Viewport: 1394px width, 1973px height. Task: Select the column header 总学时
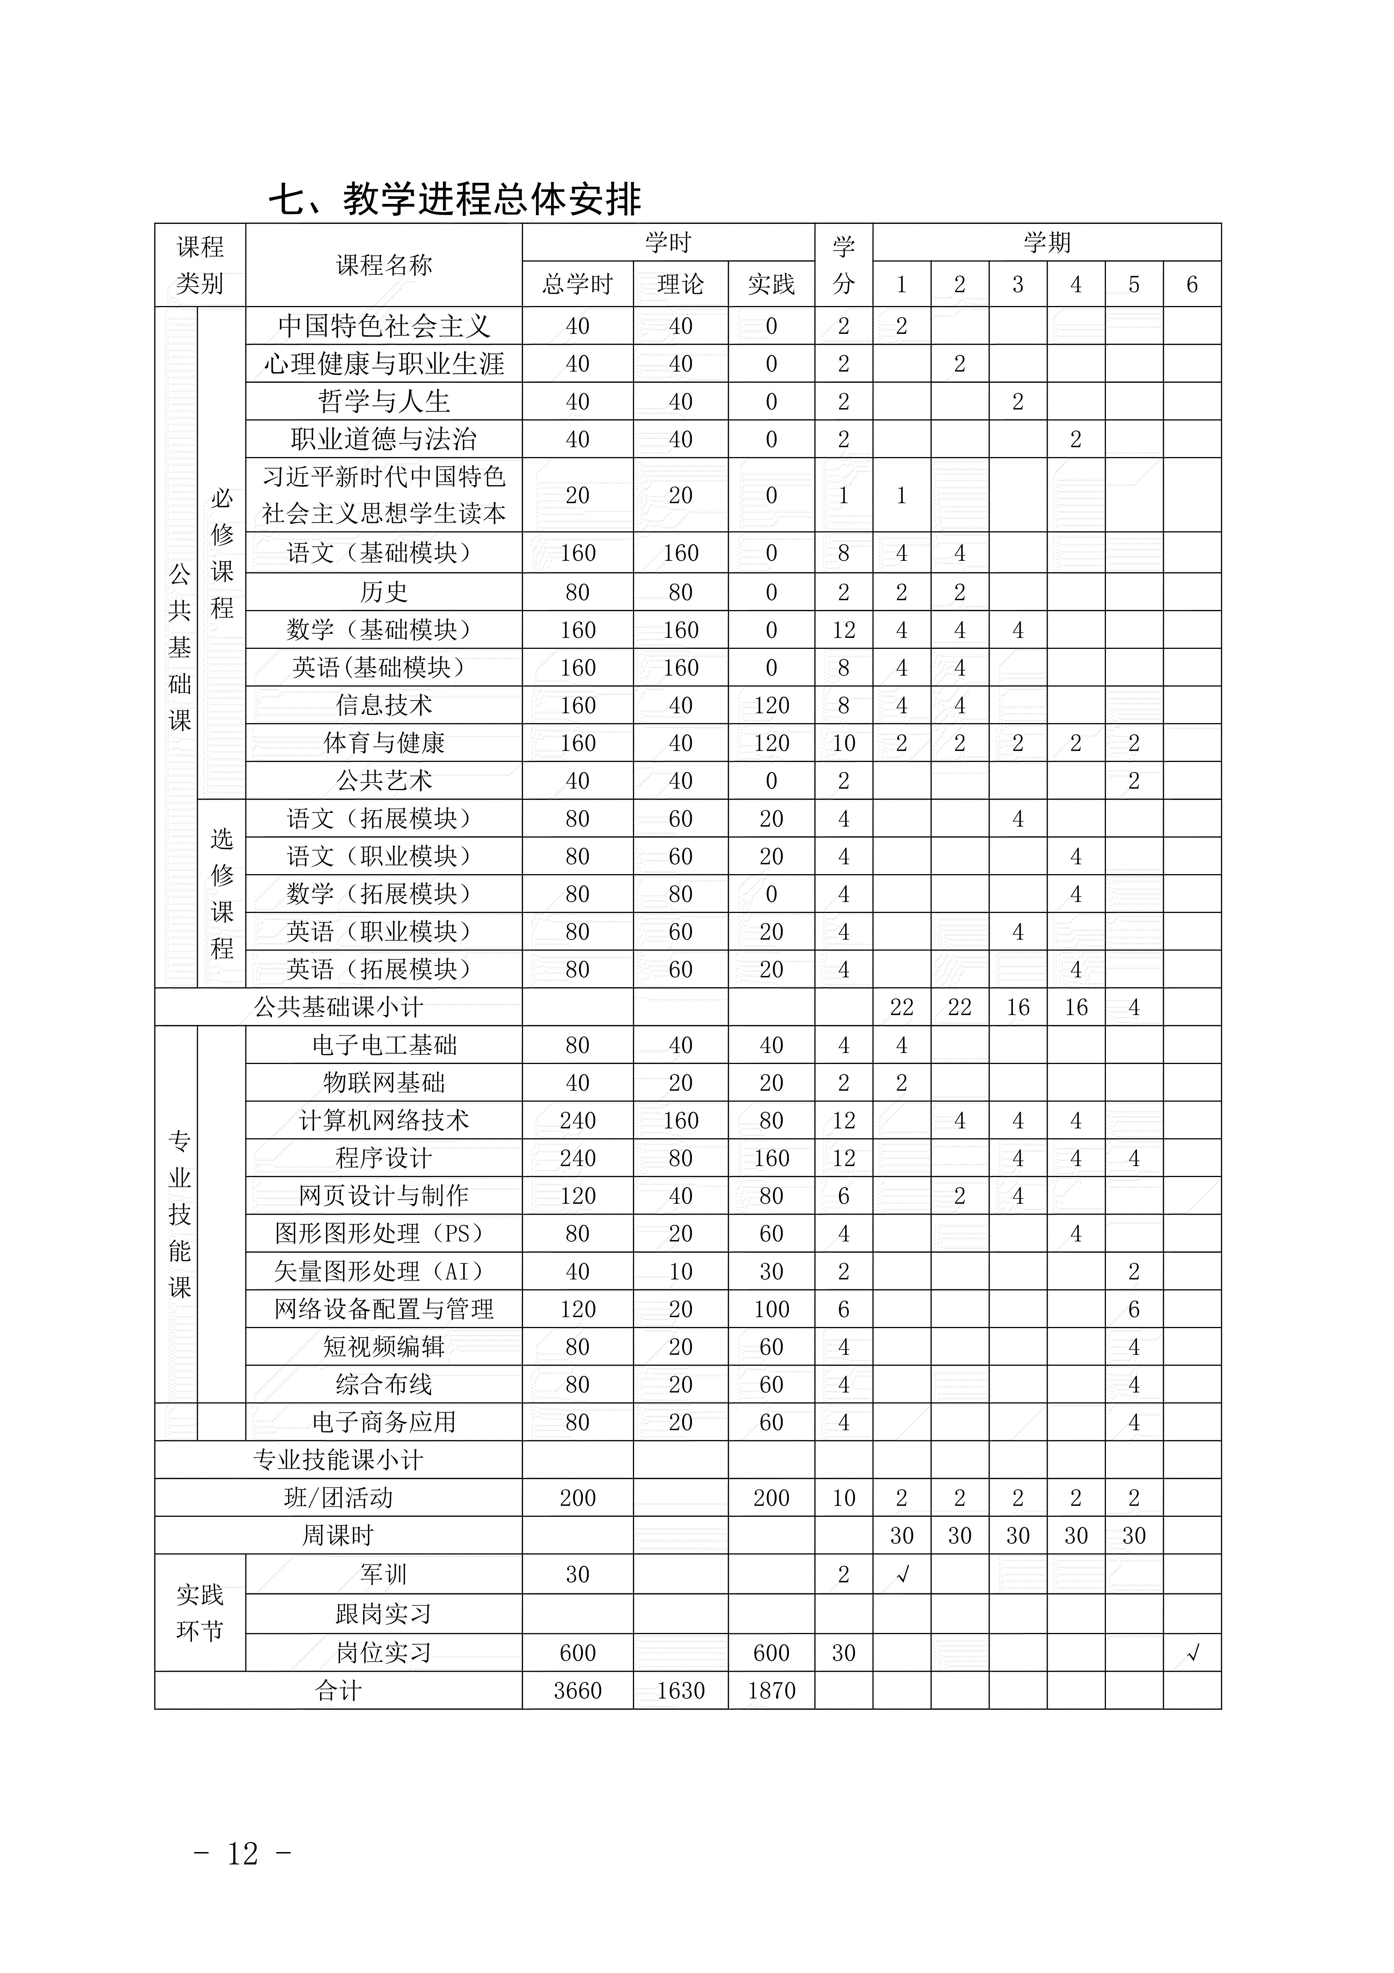tap(577, 284)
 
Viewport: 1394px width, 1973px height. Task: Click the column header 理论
tap(680, 284)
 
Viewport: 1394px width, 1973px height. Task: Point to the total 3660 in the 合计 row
tap(577, 1691)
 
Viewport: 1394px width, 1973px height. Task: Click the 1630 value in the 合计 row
tap(680, 1691)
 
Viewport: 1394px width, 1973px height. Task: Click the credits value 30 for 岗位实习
tap(843, 1652)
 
